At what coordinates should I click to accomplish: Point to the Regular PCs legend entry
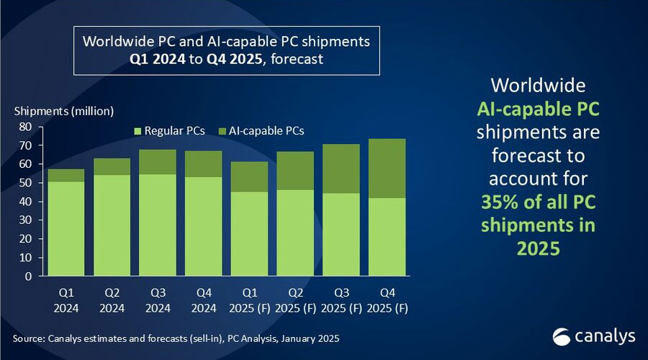pos(169,131)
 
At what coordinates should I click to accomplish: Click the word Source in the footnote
pos(29,338)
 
